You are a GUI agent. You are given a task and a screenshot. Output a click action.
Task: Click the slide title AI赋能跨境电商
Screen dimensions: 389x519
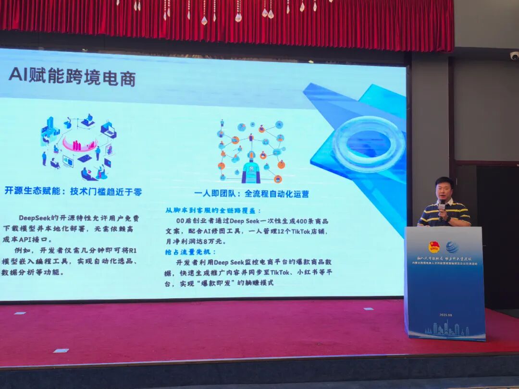coord(72,77)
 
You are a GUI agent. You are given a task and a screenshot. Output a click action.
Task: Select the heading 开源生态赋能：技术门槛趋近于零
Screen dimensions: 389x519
coord(73,192)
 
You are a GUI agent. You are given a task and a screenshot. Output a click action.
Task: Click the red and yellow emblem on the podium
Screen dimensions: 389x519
coord(434,246)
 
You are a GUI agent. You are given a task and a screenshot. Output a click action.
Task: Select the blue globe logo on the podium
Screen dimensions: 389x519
coord(452,247)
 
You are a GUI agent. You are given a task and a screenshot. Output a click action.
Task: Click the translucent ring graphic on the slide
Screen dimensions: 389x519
coord(368,143)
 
